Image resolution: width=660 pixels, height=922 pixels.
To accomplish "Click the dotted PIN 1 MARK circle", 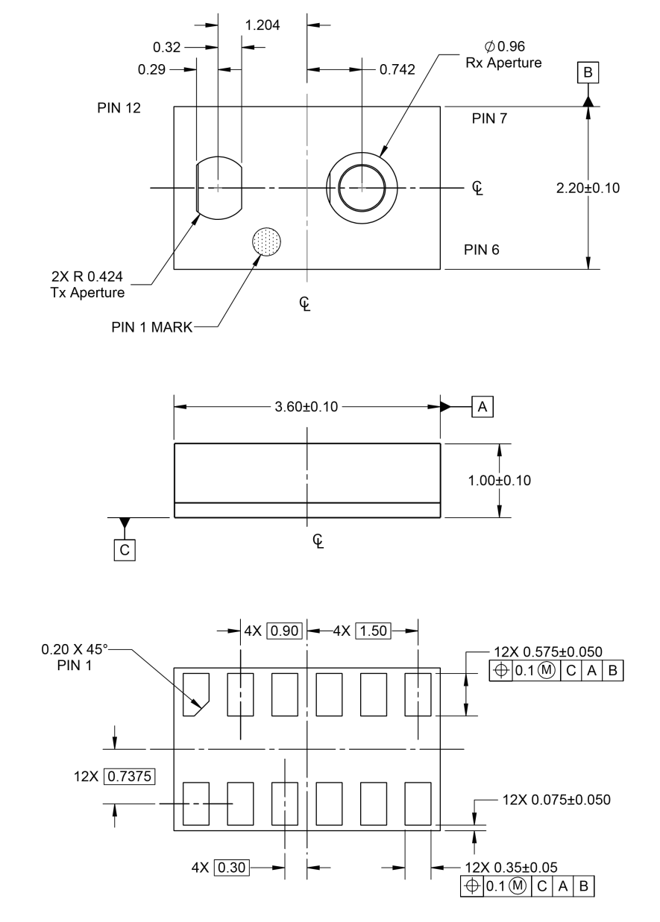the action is (266, 241).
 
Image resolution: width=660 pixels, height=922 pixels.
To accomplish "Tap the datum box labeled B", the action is (588, 72).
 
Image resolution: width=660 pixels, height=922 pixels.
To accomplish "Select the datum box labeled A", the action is (482, 407).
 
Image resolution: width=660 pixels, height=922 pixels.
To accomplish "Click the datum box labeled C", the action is (125, 550).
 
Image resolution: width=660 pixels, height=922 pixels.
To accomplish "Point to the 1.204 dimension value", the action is (263, 25).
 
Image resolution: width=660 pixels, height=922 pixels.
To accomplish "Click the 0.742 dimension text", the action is (397, 69).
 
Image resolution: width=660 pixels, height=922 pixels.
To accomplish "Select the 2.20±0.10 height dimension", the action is (588, 188).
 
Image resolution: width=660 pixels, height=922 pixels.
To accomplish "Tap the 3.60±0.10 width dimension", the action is (307, 407).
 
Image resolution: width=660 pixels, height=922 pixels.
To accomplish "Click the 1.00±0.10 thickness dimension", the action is (500, 480).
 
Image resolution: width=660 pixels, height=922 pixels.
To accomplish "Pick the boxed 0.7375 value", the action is (129, 777).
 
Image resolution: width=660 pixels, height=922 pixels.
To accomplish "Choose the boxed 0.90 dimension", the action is (284, 631).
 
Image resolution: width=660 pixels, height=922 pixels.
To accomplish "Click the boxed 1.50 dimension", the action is (373, 631).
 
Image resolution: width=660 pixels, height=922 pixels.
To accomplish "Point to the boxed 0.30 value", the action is (232, 868).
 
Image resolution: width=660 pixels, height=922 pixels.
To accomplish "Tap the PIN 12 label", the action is (119, 108).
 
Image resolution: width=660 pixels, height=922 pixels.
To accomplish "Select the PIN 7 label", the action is (489, 119).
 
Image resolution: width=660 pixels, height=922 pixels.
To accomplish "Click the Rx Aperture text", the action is (503, 63).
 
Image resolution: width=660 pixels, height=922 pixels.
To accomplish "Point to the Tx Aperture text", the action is (87, 292).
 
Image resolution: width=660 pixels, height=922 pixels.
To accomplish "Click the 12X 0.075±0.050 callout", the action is (556, 800).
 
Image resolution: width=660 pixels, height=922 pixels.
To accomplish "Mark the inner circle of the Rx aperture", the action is (362, 164).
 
